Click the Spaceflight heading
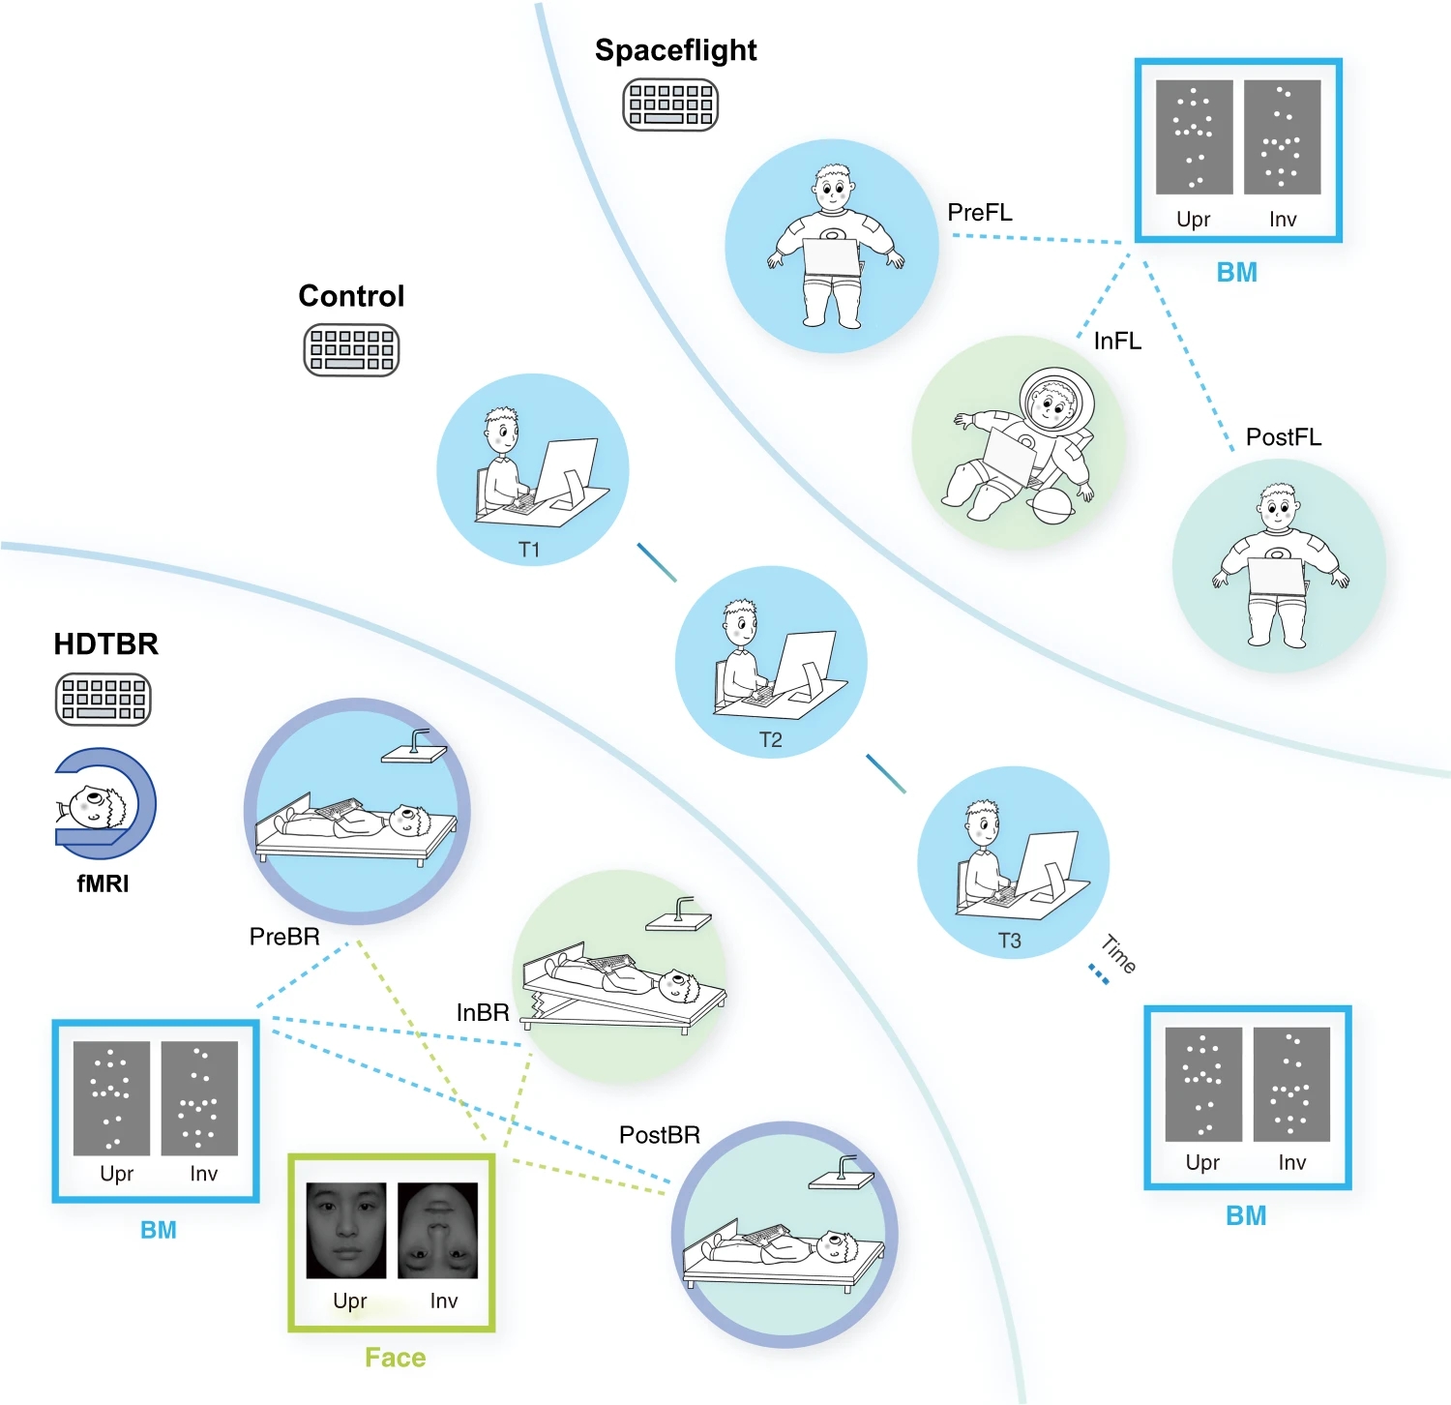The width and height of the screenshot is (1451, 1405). coord(675,50)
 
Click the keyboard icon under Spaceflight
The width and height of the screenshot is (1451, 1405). coord(670,105)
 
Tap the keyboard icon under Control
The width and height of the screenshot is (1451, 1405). coord(351,349)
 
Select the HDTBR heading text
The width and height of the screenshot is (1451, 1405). coord(105,644)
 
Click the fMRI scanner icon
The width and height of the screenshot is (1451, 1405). coord(104,803)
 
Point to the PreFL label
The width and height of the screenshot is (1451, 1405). coord(980,213)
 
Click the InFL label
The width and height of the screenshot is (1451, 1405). coord(1117,342)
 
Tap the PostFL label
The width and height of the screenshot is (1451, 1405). coord(1283,437)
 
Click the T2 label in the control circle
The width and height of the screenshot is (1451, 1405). coord(770,740)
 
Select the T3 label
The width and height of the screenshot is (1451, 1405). coord(1009,941)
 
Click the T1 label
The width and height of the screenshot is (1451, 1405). coord(529,550)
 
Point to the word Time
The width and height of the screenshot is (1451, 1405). coord(1119,954)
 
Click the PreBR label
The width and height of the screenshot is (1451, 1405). coord(284,937)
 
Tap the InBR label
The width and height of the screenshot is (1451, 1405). coord(483,1013)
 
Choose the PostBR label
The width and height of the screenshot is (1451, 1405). coord(659,1135)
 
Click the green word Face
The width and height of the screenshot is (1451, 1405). coord(395,1358)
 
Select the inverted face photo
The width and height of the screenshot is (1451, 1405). coord(438,1230)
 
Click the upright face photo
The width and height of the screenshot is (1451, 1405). coord(346,1230)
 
